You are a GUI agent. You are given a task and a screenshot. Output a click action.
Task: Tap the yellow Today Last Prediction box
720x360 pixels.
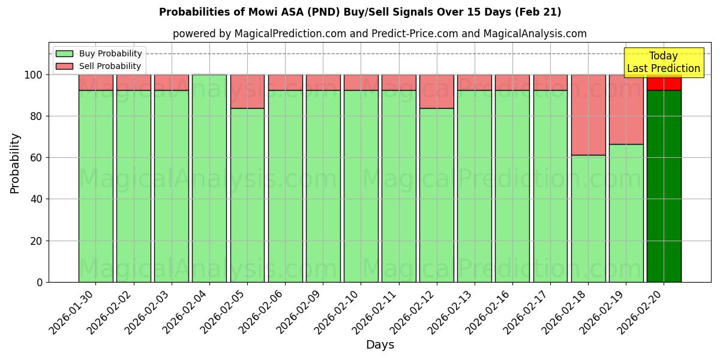click(x=663, y=62)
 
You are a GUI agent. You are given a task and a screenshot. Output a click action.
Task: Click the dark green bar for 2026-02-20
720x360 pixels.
click(x=664, y=186)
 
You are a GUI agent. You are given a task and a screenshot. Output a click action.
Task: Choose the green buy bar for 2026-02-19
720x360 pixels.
click(x=626, y=213)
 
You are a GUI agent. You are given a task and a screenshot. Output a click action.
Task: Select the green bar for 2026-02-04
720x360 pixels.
click(x=209, y=178)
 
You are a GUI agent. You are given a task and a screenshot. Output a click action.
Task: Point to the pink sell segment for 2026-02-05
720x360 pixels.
click(x=247, y=91)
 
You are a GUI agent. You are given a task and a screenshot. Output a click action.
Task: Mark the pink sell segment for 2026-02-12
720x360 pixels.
click(x=436, y=91)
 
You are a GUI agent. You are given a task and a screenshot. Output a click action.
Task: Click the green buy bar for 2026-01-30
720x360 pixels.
click(x=95, y=186)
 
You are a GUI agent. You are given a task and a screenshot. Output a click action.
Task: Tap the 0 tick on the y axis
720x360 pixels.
click(x=39, y=282)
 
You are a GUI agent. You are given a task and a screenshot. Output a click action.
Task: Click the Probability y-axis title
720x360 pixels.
click(x=15, y=163)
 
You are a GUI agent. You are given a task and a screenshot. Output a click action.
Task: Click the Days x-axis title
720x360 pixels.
click(x=380, y=345)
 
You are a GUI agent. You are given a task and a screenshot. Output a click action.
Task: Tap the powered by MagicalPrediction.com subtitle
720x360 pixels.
click(x=379, y=34)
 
